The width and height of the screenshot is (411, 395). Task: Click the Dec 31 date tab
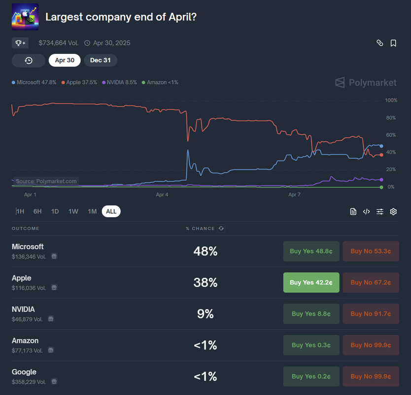pos(100,60)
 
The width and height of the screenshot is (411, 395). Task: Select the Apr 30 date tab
pos(65,60)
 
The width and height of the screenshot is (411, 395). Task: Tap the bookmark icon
pos(393,43)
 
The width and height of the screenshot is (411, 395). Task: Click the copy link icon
pos(379,43)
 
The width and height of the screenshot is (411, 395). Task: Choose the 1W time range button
pos(73,211)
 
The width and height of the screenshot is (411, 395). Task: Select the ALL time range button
pos(111,211)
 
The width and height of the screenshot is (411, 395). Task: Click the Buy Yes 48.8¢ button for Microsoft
pos(311,251)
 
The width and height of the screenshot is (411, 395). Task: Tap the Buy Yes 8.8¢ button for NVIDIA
pos(311,314)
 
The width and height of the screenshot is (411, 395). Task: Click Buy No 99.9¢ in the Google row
pos(371,376)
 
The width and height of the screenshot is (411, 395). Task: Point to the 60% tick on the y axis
pos(391,135)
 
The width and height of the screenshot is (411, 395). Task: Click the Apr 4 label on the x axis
pos(162,195)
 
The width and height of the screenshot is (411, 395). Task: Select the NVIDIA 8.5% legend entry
pos(119,82)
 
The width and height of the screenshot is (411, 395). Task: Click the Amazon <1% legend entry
pos(160,82)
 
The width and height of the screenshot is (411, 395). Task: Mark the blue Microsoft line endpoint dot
pos(381,146)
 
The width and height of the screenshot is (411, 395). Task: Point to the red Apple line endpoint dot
pos(381,155)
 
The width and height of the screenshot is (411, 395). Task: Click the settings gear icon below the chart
pos(393,211)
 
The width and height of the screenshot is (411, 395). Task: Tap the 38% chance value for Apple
pos(205,282)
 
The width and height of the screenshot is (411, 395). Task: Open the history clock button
pos(29,60)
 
